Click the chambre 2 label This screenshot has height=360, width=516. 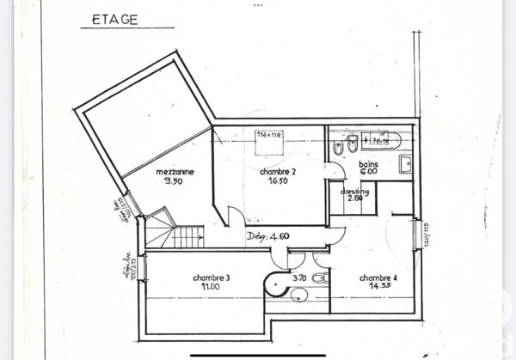[x=278, y=173]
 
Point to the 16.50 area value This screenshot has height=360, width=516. [x=277, y=182]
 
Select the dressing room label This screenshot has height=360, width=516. [x=355, y=192]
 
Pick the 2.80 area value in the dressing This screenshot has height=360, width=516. [x=353, y=199]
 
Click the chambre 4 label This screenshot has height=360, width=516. [x=378, y=278]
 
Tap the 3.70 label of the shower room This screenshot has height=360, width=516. [x=299, y=278]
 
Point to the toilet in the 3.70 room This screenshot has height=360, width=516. [x=319, y=278]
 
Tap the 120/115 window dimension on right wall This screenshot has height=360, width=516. [x=426, y=234]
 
